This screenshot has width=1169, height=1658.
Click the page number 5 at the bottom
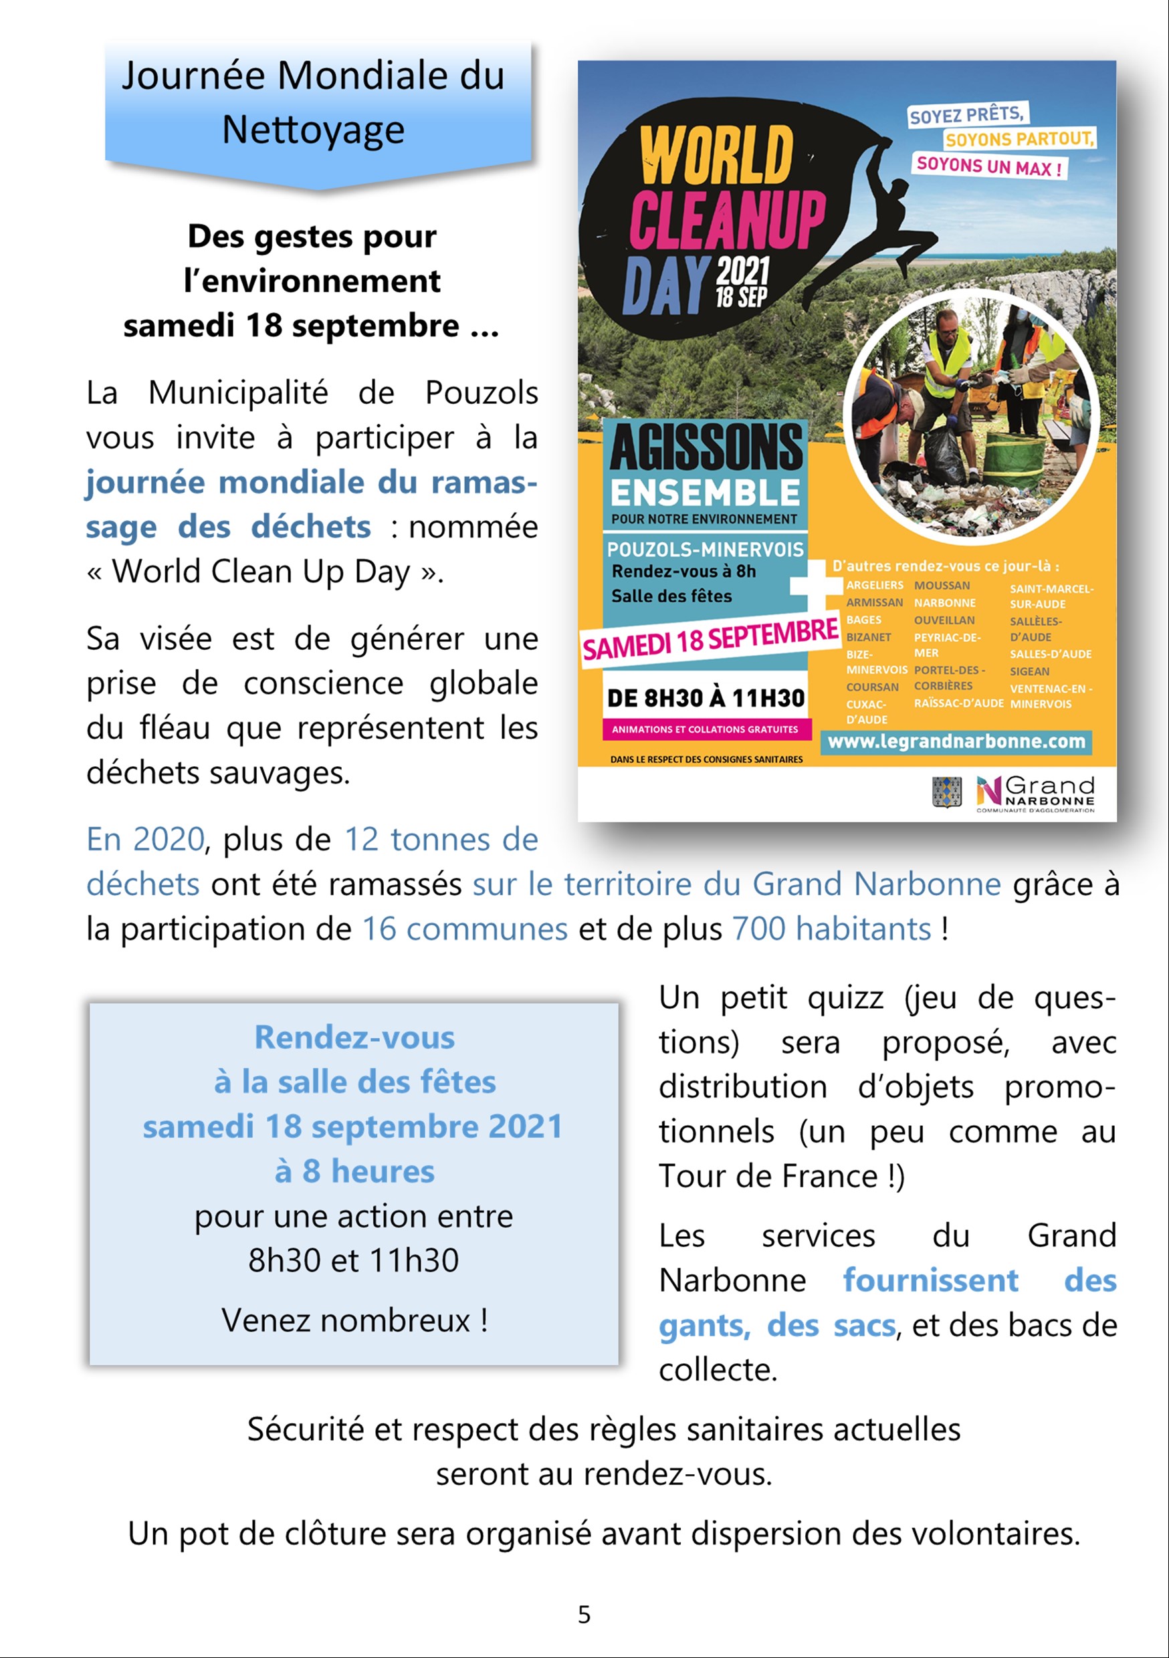[x=584, y=1614]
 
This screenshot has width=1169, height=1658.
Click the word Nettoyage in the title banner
[x=313, y=130]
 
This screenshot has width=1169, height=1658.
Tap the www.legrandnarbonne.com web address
[x=956, y=741]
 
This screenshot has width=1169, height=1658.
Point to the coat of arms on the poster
[x=946, y=792]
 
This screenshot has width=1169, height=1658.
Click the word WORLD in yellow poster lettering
[x=716, y=155]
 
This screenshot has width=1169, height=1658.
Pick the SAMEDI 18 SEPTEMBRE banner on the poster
[x=710, y=638]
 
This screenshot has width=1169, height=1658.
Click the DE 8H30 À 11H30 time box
[x=706, y=698]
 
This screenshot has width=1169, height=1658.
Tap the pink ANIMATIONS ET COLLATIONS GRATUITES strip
[x=705, y=729]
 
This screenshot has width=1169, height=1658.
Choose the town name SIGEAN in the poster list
[x=1029, y=671]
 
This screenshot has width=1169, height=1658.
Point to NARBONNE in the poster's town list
[x=944, y=602]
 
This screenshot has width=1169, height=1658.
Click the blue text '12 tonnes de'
[x=441, y=839]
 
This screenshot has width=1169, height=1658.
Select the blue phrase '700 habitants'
[x=831, y=929]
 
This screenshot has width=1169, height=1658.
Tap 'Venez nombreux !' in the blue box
[x=354, y=1320]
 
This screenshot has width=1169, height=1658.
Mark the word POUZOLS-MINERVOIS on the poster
[x=705, y=550]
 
